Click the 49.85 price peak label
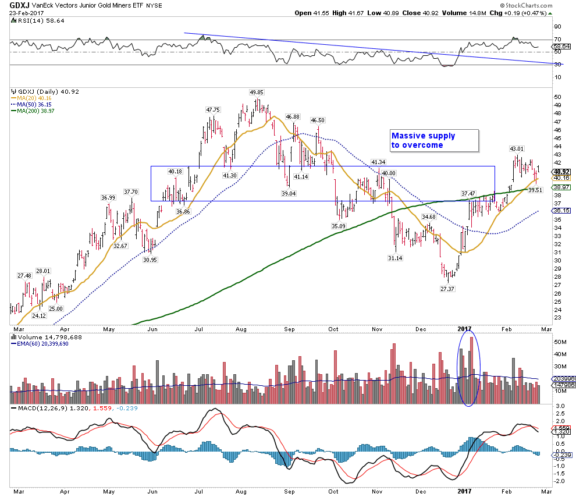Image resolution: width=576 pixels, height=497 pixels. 257,92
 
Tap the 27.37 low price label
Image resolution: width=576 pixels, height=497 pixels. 447,289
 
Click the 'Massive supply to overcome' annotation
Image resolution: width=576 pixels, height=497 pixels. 423,140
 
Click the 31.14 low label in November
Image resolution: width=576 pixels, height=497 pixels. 396,258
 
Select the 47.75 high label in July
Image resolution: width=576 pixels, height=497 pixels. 212,109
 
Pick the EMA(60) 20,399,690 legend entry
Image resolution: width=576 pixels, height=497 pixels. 43,343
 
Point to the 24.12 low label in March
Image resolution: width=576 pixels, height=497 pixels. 39,315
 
